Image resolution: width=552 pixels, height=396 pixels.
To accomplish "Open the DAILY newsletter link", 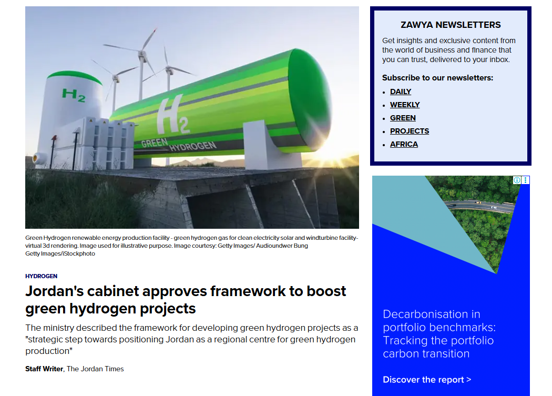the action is [400, 92].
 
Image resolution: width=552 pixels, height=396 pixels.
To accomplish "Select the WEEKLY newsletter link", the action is [405, 105].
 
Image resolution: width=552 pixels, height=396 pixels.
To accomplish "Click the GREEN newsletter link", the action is [403, 118].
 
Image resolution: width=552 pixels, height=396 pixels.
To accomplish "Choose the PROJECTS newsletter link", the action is [410, 131].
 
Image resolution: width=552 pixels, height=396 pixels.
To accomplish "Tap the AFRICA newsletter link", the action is [404, 144].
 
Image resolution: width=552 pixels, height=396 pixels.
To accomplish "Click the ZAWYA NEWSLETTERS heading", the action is [451, 25].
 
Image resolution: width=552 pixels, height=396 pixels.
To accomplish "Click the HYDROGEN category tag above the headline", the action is [41, 276].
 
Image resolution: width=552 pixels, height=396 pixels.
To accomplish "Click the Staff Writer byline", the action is [44, 369].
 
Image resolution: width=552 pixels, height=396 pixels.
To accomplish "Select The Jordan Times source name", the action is [95, 369].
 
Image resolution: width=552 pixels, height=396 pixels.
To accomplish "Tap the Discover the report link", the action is [427, 380].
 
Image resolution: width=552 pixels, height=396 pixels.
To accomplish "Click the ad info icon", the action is [517, 180].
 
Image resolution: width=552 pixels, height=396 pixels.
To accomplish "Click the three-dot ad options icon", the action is [525, 180].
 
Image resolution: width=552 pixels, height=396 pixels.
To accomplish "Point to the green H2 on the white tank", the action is [74, 95].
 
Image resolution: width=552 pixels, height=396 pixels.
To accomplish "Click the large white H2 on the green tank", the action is [172, 116].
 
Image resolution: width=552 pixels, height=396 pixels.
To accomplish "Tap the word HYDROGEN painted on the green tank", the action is [193, 146].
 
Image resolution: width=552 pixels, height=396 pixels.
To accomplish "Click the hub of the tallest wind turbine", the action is [142, 54].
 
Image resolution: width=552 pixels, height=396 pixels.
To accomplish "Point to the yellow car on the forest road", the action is [478, 202].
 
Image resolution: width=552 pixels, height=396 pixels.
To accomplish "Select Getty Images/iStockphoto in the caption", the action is [60, 253].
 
